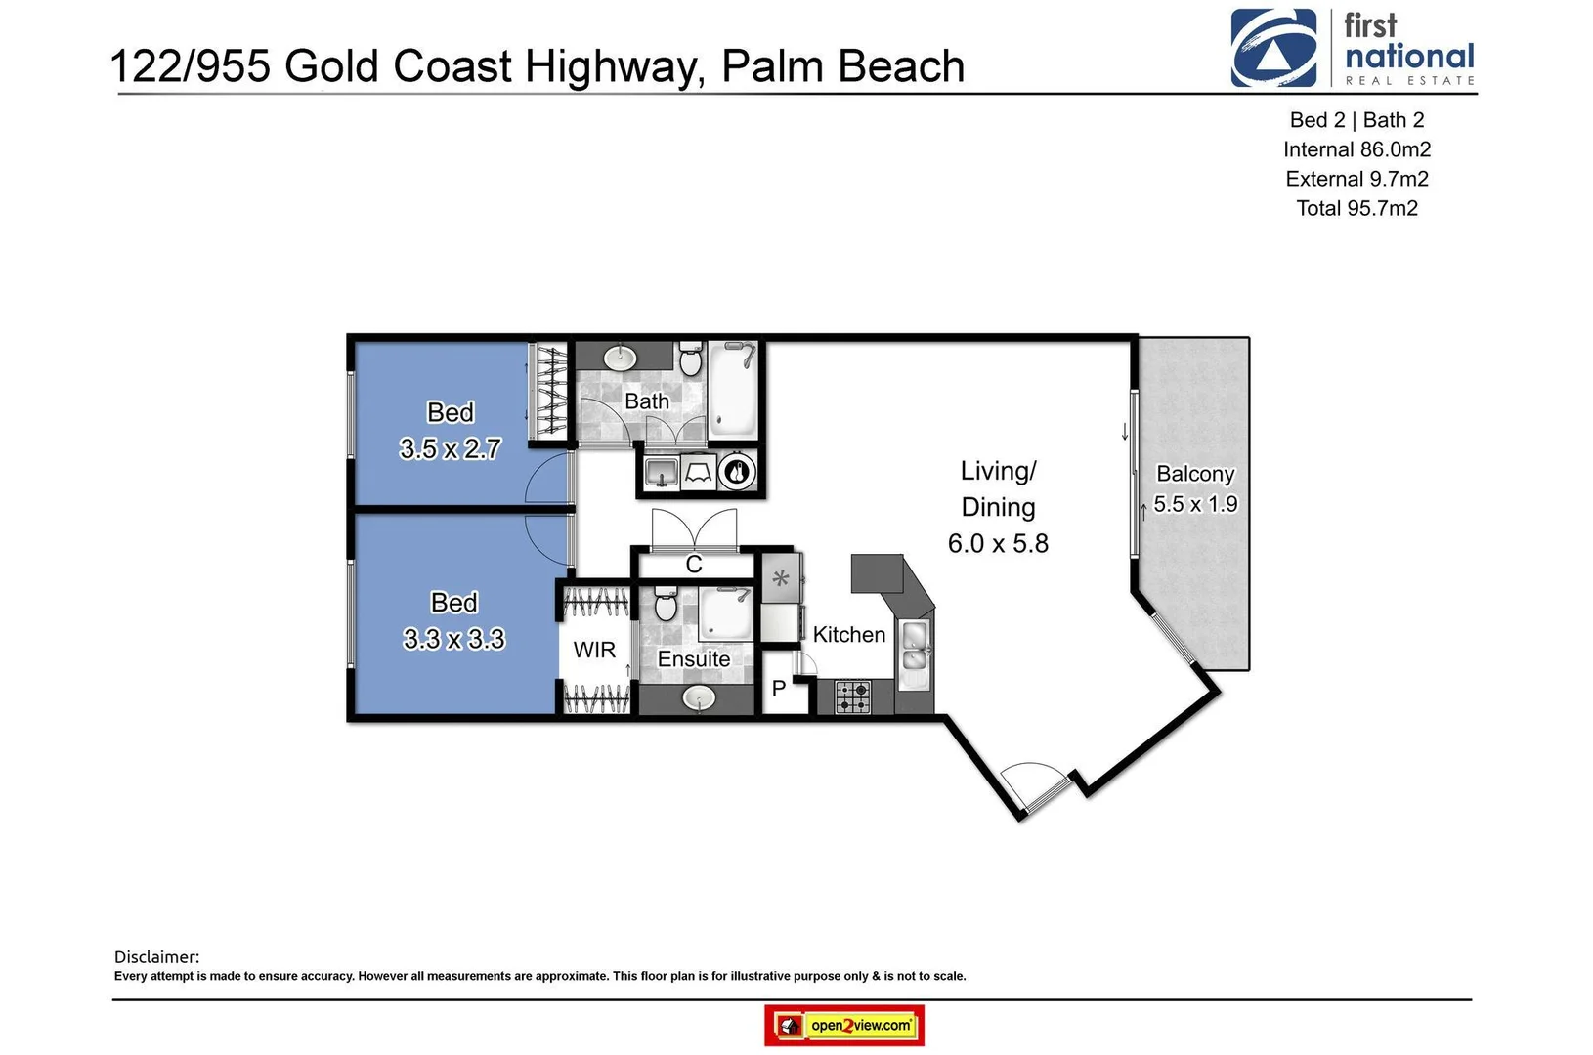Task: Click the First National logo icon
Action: [x=1272, y=48]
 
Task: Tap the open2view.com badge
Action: [x=844, y=1026]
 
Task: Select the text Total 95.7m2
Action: [x=1356, y=208]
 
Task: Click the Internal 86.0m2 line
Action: [x=1356, y=149]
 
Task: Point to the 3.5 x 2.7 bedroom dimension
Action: [x=451, y=448]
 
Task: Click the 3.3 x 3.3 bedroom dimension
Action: [x=453, y=639]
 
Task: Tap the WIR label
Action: [x=594, y=650]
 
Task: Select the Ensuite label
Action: [x=694, y=659]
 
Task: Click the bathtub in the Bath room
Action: [x=732, y=389]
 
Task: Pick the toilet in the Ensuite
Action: [x=666, y=605]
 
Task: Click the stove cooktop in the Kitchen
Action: [x=853, y=697]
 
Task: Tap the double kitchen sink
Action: [x=915, y=647]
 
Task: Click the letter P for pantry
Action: [x=779, y=689]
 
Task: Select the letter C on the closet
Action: [x=694, y=565]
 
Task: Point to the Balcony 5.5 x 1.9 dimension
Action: [x=1195, y=504]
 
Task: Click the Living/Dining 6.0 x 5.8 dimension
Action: [x=998, y=543]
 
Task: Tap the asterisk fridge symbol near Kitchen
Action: [x=781, y=578]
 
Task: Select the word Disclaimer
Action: [x=156, y=957]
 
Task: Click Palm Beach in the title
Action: [x=842, y=66]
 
